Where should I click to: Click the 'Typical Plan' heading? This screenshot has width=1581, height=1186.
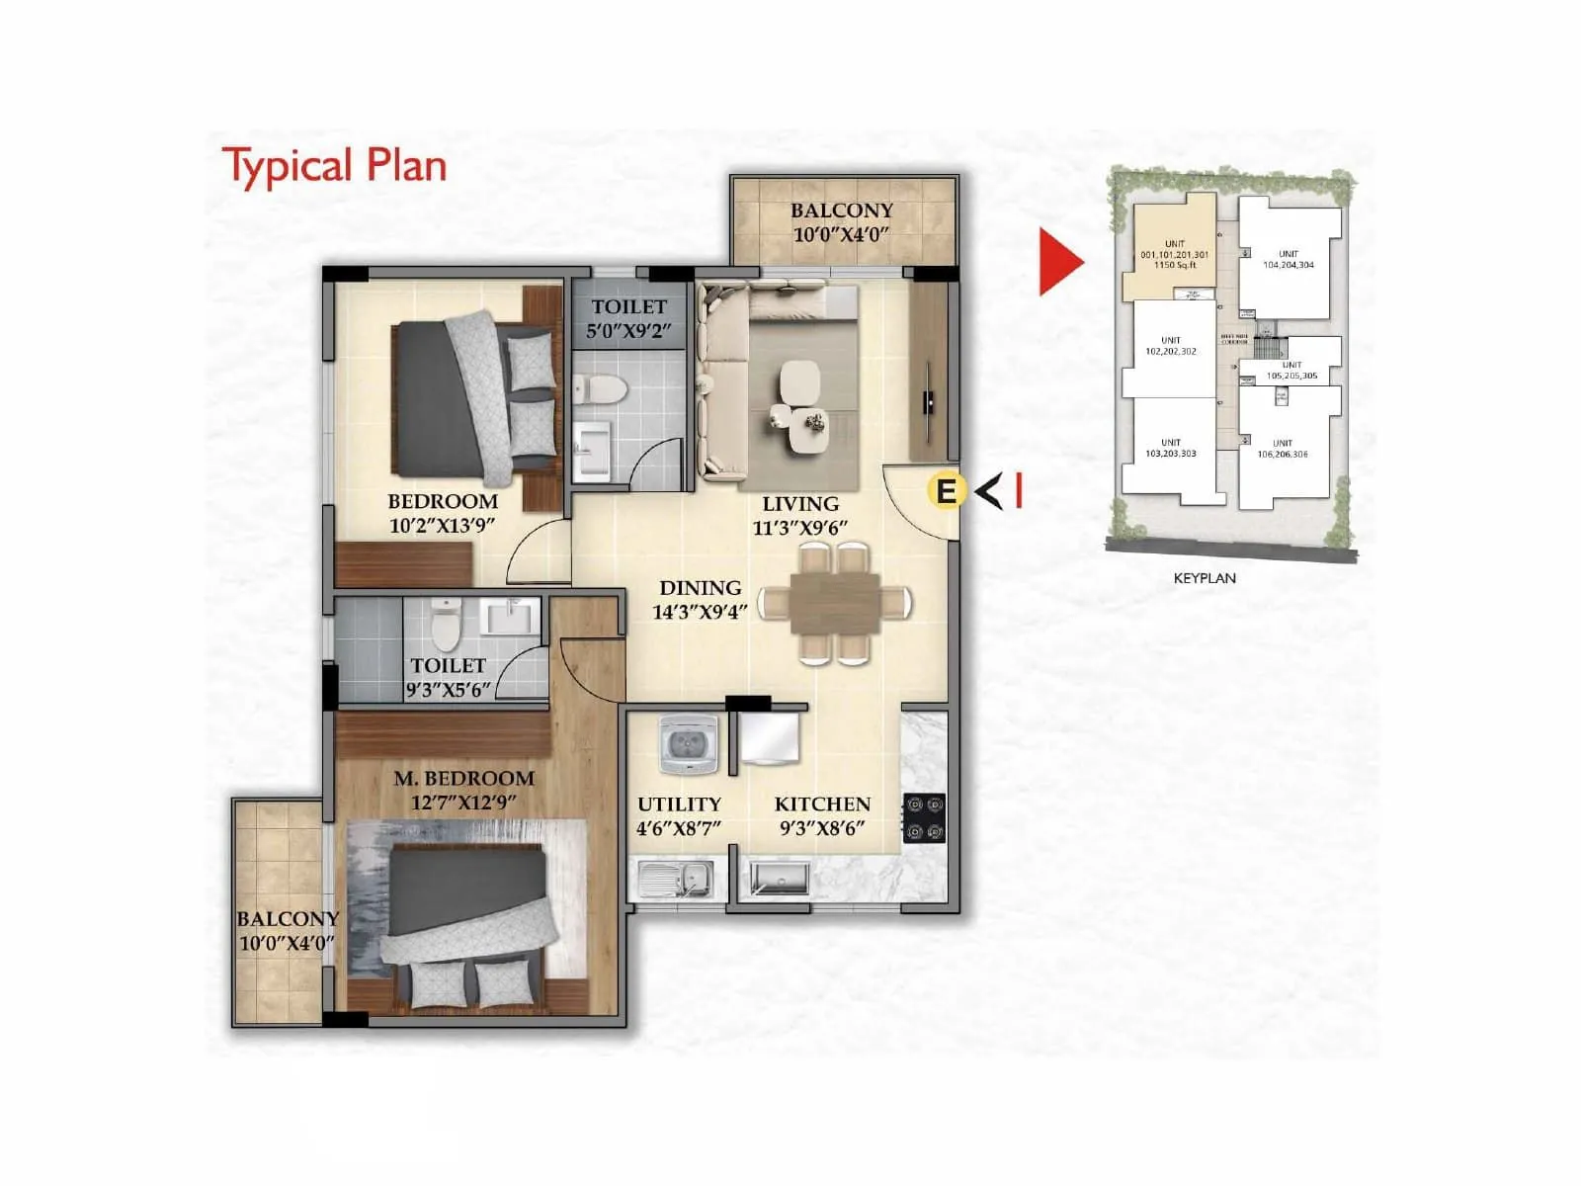(334, 166)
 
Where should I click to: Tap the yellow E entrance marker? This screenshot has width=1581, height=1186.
(946, 490)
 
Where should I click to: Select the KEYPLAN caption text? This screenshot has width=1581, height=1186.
(1204, 578)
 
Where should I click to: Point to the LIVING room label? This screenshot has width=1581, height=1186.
(800, 504)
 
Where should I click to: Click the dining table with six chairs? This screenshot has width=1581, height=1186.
(835, 604)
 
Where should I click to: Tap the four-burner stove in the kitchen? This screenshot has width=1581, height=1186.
(925, 818)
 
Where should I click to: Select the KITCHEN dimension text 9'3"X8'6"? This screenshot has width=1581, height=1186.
(822, 828)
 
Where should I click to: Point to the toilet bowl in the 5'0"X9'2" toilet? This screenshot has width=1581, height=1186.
(600, 388)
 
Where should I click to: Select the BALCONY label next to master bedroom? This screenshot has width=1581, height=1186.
(288, 919)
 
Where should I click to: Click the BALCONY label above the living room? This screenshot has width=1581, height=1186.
(841, 211)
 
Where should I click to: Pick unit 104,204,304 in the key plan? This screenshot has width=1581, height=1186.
(1288, 259)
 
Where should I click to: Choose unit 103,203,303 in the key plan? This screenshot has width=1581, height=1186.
(1171, 449)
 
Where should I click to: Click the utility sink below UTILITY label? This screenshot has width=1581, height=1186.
(676, 877)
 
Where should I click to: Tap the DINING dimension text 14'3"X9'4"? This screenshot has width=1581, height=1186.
(700, 612)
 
